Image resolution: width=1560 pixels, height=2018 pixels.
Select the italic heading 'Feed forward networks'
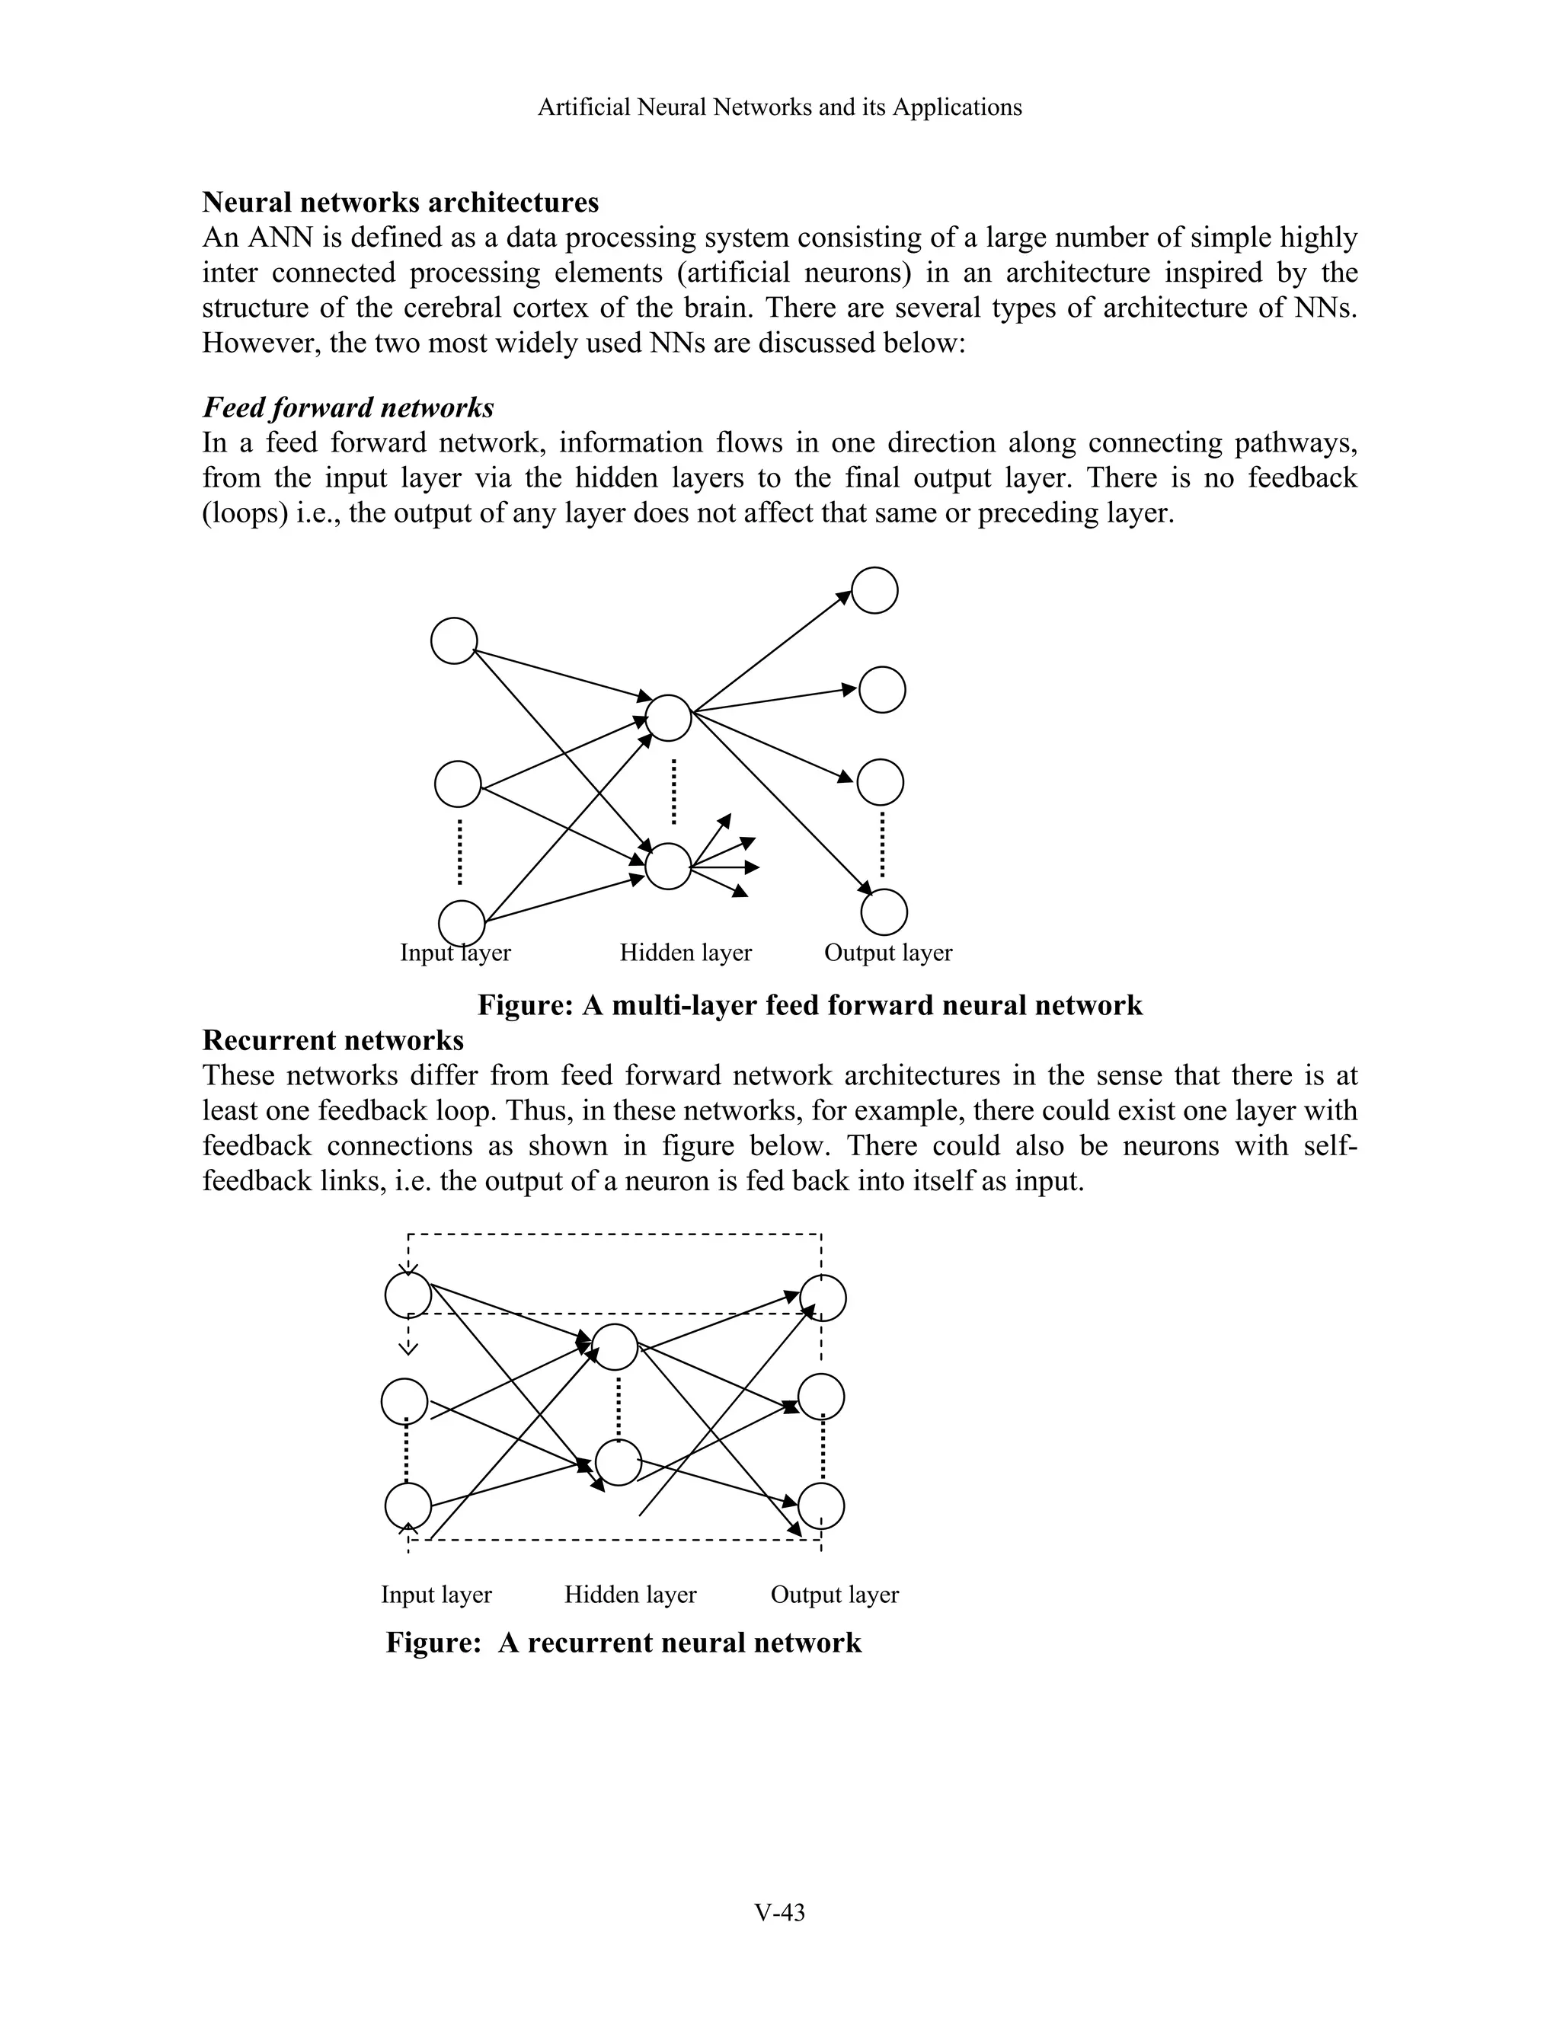click(347, 407)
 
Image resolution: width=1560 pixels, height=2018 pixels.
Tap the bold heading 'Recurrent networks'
click(333, 1039)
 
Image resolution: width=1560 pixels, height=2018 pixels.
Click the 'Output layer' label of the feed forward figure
click(887, 953)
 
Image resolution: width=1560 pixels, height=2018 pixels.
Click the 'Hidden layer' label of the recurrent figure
click(630, 1594)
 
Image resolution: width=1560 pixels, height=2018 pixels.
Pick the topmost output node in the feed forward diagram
click(874, 590)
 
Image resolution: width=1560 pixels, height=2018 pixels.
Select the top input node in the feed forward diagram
click(454, 641)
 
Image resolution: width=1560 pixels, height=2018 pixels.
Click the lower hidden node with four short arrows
click(667, 867)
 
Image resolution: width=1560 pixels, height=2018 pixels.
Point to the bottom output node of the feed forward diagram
click(884, 912)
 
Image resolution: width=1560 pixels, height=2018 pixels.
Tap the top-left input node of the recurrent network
click(408, 1295)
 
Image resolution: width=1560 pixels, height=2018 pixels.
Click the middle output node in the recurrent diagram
click(820, 1396)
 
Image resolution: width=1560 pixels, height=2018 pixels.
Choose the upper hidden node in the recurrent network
click(615, 1346)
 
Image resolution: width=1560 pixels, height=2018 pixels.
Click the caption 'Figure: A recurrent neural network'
click(623, 1643)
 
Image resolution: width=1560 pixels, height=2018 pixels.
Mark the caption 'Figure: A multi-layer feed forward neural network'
click(810, 1004)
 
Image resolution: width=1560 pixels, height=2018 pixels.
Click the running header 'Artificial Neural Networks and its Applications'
click(779, 107)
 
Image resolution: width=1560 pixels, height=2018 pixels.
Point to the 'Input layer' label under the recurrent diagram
click(436, 1594)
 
